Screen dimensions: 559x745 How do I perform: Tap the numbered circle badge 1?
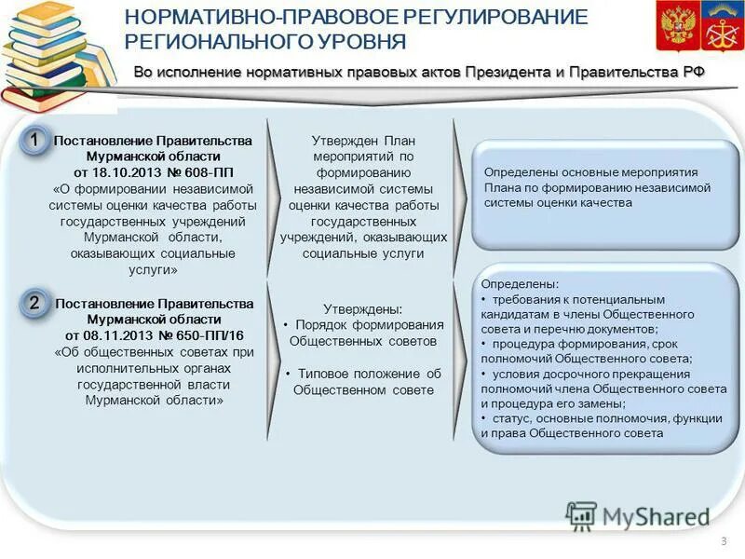coord(33,141)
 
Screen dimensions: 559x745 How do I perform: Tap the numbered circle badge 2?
coord(33,303)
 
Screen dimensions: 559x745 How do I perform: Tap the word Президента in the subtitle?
coord(501,73)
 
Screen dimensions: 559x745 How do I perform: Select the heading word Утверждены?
coord(363,308)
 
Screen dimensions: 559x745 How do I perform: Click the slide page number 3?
coord(723,542)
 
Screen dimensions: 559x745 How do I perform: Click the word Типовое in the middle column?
coord(323,374)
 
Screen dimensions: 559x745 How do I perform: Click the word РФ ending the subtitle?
coord(695,73)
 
